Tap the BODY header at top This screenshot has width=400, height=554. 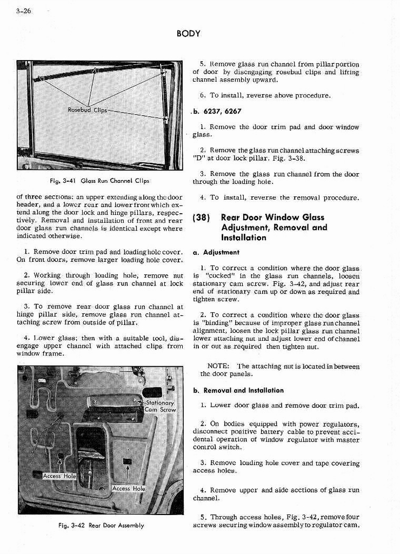(x=188, y=34)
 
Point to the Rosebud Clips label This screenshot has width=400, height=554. (x=87, y=110)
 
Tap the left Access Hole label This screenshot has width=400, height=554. (x=59, y=476)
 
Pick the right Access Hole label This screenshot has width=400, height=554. (x=129, y=489)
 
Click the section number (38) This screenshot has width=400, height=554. (x=202, y=217)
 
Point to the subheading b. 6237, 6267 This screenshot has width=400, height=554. (x=217, y=111)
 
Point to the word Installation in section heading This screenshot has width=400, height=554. (x=243, y=238)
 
